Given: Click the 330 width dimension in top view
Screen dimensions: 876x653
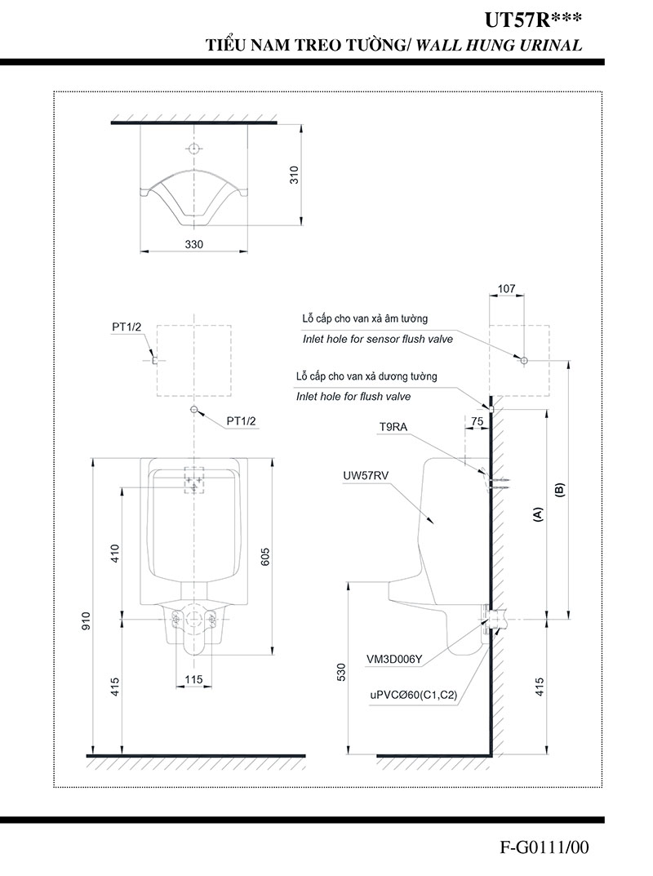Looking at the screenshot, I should pyautogui.click(x=193, y=244).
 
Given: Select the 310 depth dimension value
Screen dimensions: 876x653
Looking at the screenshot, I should pyautogui.click(x=295, y=175).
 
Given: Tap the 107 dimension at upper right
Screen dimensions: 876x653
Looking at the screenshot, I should pyautogui.click(x=506, y=288).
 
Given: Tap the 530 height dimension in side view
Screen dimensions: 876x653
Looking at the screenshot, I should pyautogui.click(x=342, y=671).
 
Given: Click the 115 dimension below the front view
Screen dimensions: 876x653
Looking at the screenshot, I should pyautogui.click(x=193, y=679).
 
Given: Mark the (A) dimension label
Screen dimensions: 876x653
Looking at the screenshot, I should pyautogui.click(x=537, y=514).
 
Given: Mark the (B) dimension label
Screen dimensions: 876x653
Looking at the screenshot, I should pyautogui.click(x=560, y=490).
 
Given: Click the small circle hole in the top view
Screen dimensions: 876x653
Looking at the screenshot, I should pyautogui.click(x=193, y=149).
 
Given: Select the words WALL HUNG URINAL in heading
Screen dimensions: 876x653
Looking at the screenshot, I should pyautogui.click(x=500, y=47).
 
